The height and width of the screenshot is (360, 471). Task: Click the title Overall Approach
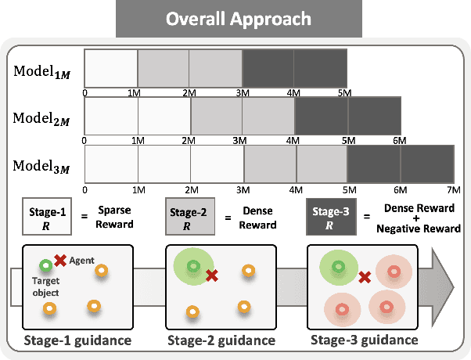235,18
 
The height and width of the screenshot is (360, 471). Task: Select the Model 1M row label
41,71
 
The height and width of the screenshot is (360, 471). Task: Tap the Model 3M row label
41,167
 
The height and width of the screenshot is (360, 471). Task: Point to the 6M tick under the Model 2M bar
400,142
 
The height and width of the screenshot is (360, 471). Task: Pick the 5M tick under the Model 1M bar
347,93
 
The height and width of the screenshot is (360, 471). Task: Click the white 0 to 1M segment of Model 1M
111,68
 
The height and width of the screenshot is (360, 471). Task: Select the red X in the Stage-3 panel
364,277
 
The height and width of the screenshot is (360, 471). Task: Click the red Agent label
82,259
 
